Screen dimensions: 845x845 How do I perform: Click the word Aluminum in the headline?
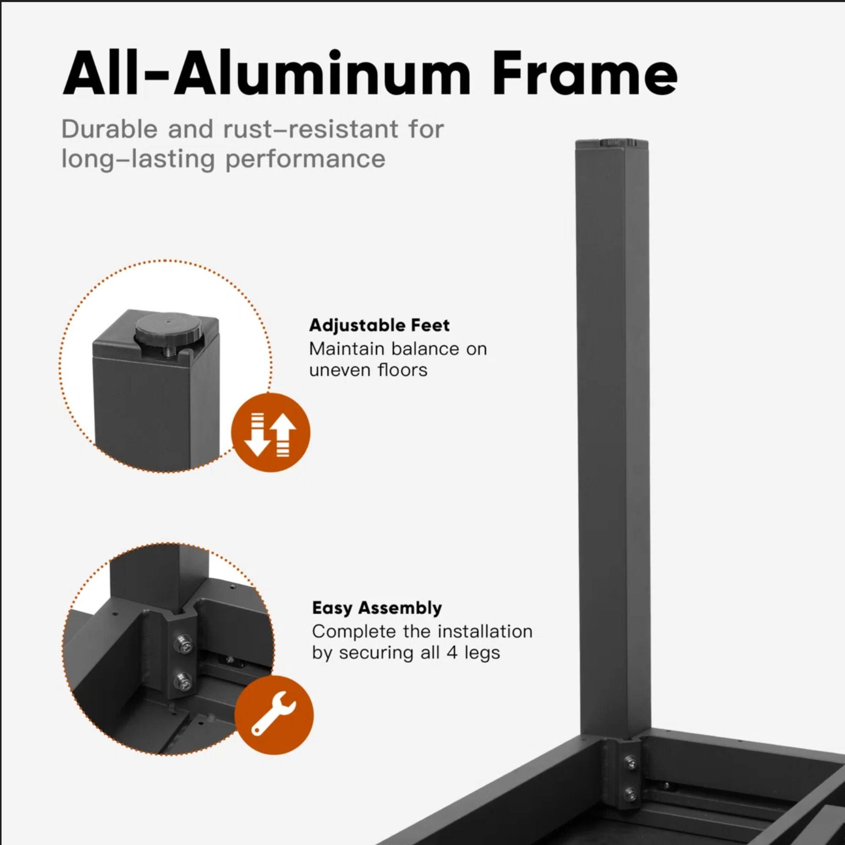point(323,73)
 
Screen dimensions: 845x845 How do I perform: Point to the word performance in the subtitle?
point(305,159)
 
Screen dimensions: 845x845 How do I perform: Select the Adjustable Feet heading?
point(379,325)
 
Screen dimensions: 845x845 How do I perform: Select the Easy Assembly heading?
point(376,608)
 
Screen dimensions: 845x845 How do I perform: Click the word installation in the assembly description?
point(485,632)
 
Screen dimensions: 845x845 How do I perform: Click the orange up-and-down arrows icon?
point(270,432)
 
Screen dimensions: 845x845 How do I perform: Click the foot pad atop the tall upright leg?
point(613,142)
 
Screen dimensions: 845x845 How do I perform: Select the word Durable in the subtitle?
point(109,129)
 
